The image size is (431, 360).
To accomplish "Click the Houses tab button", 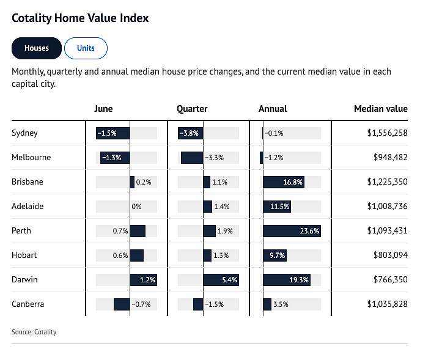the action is (x=37, y=48).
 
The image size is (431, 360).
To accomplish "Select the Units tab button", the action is (x=86, y=48).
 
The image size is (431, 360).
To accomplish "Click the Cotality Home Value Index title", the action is (x=80, y=18).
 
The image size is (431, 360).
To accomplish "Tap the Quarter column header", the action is (x=192, y=109).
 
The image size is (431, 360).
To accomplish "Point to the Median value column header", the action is (x=381, y=109).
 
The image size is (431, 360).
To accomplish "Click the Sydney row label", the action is (x=24, y=133).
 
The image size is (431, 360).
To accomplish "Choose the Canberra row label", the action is (x=28, y=304).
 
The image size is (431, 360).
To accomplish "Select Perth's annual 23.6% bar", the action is (x=292, y=231).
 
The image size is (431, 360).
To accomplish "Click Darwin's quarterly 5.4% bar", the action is (x=221, y=280).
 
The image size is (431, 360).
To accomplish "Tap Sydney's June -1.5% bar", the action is (x=112, y=133).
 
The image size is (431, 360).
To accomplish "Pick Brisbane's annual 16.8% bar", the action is (x=284, y=182).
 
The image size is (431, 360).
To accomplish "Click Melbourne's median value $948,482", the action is (x=390, y=158).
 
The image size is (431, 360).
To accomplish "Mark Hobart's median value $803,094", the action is (x=390, y=255).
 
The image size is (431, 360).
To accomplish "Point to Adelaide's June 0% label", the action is (x=136, y=207).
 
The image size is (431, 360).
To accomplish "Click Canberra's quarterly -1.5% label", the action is (x=214, y=304).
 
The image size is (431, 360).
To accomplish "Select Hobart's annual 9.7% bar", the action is (x=275, y=255).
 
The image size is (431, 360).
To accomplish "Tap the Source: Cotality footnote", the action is (x=34, y=332).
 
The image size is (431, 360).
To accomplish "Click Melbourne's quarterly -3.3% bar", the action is (x=192, y=158).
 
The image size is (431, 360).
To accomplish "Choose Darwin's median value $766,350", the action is (x=390, y=280).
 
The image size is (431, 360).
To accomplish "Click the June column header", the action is (x=103, y=109).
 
